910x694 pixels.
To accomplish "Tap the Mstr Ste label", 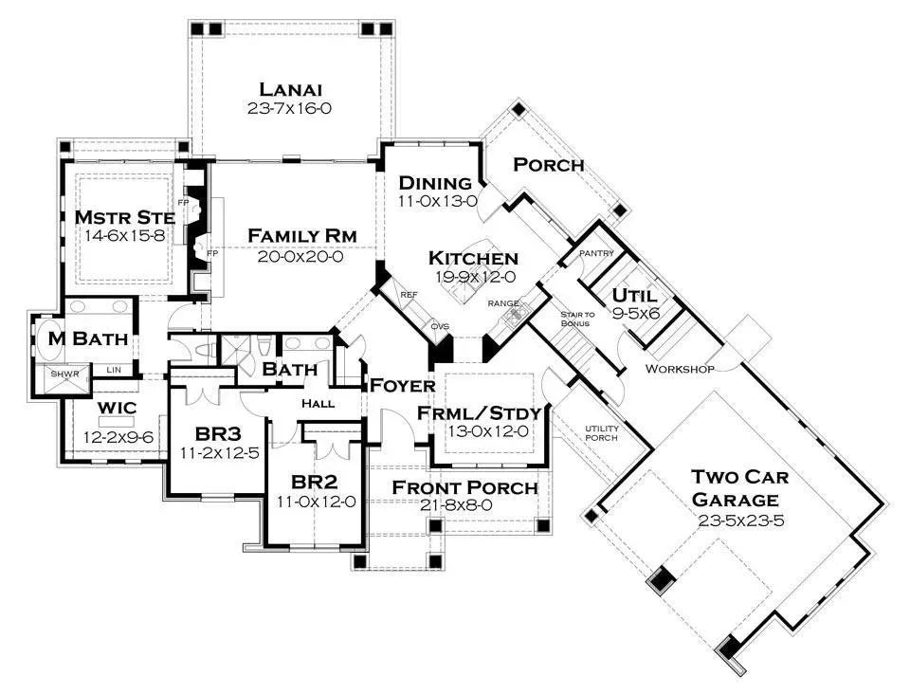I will point(125,218).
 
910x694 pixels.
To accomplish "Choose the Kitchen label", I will point(473,258).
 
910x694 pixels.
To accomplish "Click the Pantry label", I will point(598,253).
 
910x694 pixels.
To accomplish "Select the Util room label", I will point(635,294).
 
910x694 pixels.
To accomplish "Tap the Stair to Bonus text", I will point(575,319).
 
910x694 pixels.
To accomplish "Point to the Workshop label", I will point(680,368).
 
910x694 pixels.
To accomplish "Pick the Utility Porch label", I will point(601,433).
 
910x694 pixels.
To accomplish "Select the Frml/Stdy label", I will point(479,412).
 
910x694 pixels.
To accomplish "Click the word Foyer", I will point(402,385).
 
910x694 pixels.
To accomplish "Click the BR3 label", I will point(219,433).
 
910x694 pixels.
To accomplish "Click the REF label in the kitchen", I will point(409,295).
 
